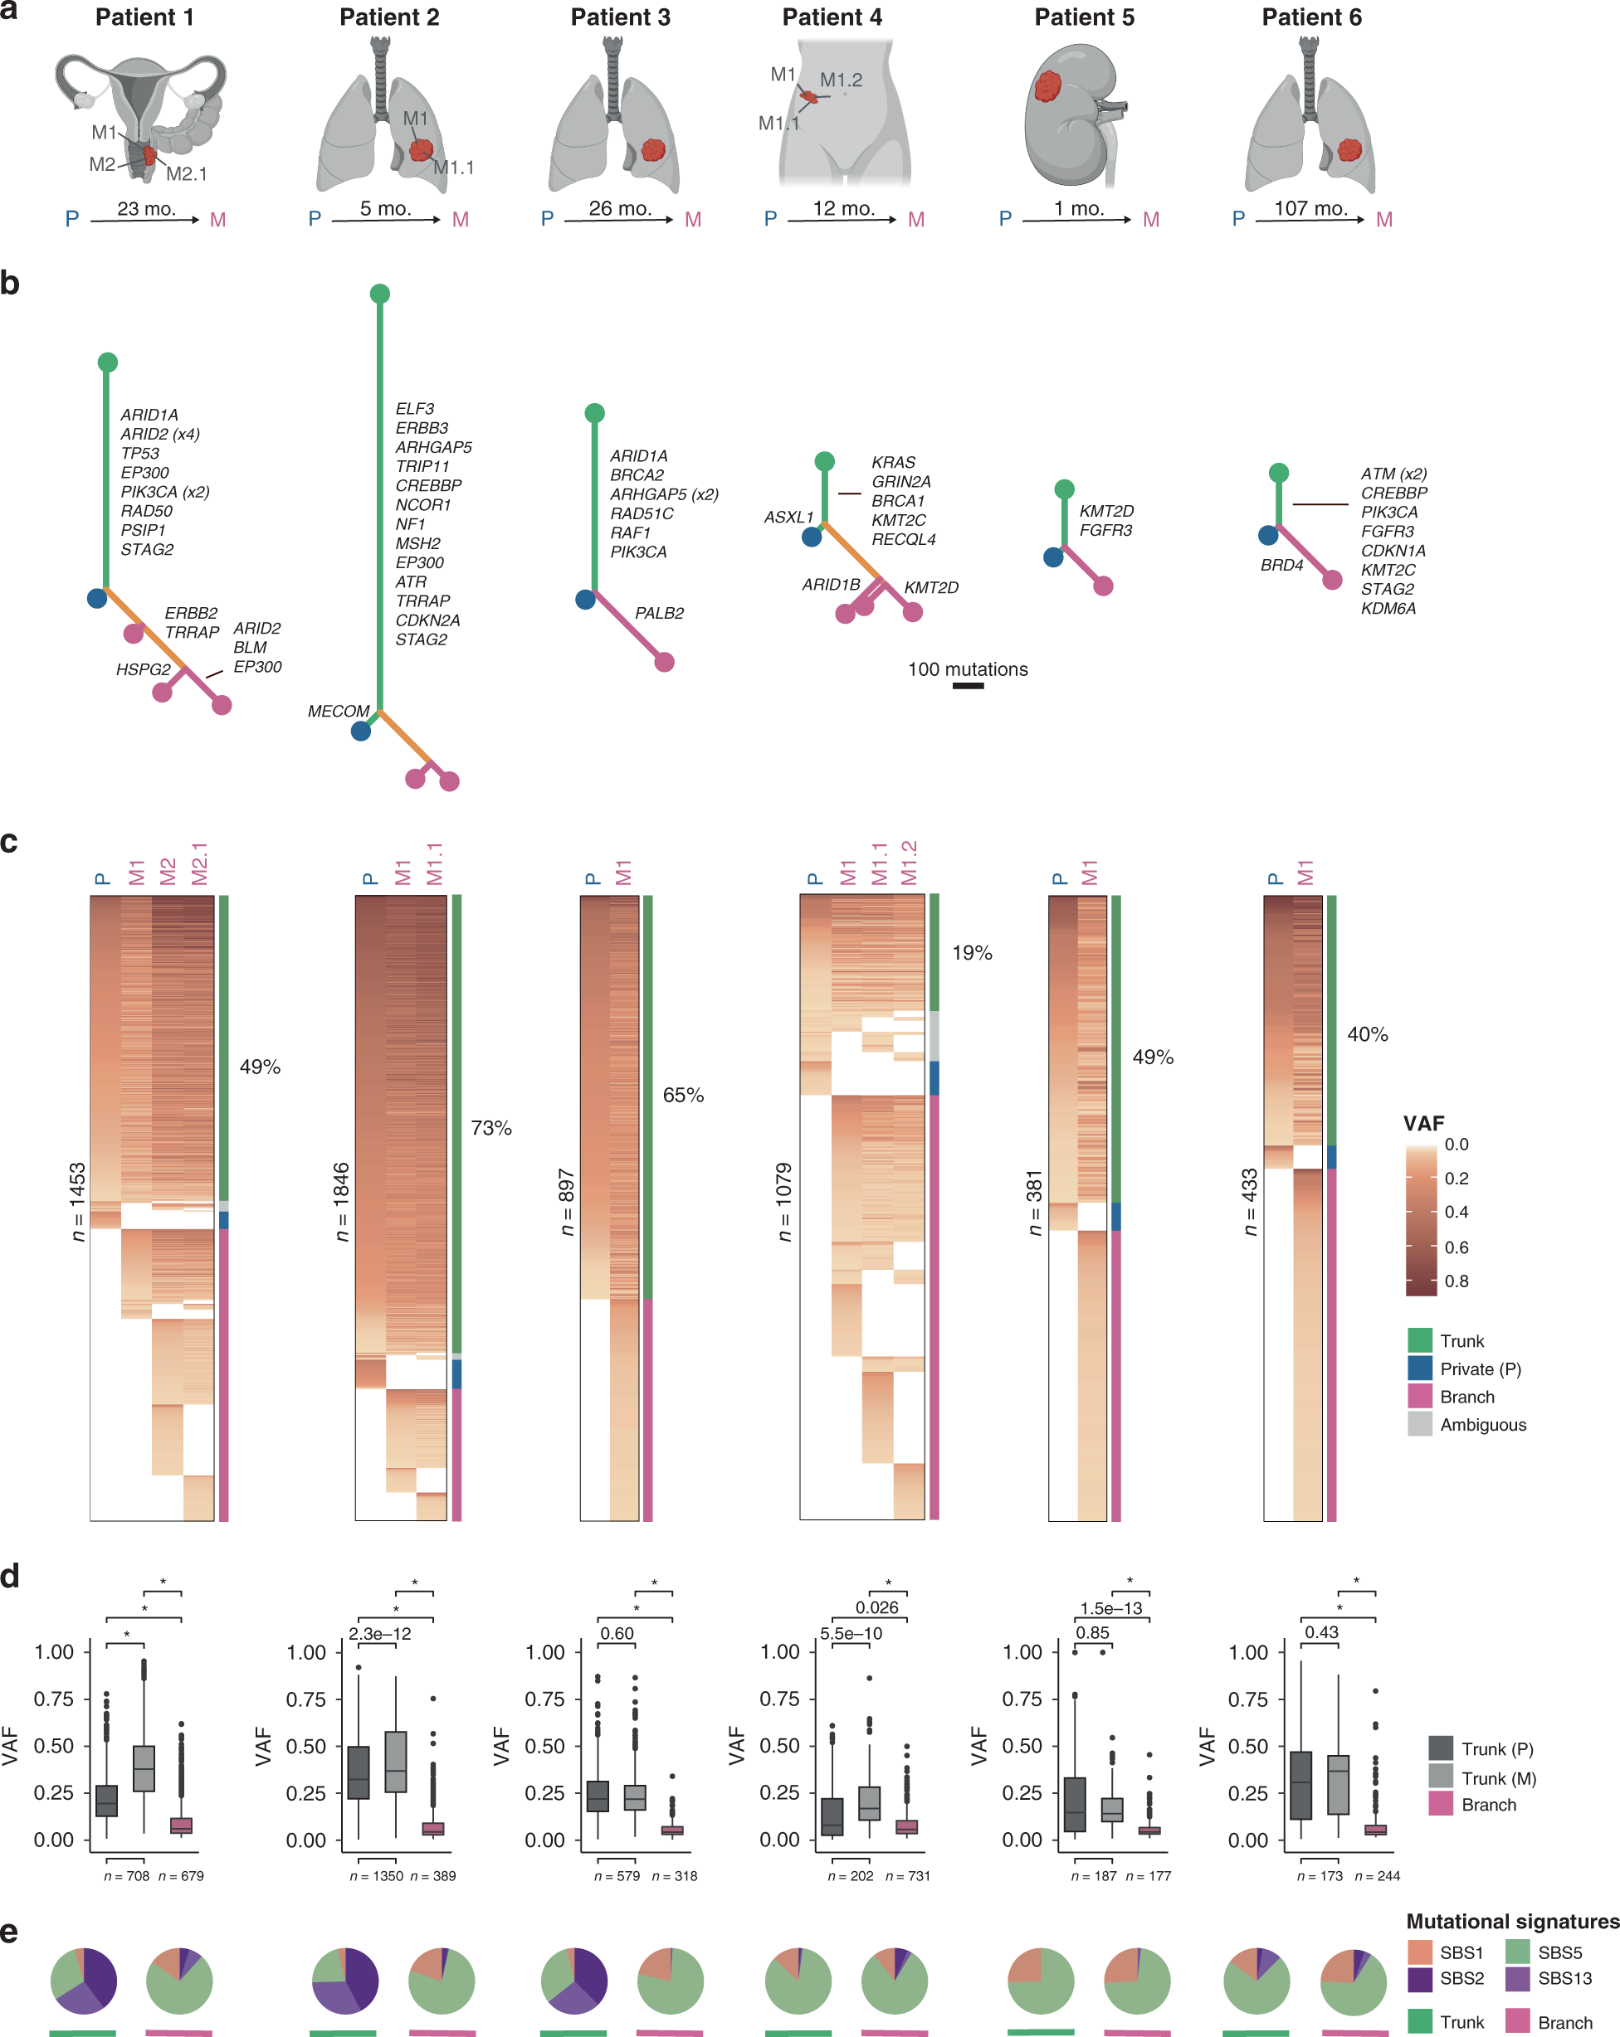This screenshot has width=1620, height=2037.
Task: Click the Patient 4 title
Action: click(x=832, y=18)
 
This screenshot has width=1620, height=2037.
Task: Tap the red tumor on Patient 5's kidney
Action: click(x=1047, y=87)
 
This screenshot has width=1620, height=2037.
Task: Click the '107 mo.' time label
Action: click(x=1310, y=209)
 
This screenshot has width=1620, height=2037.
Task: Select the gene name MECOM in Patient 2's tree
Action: click(x=339, y=712)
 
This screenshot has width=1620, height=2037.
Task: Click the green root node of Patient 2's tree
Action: click(x=380, y=294)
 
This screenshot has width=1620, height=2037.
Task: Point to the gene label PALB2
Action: click(x=659, y=613)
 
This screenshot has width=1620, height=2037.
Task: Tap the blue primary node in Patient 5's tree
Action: click(x=1053, y=557)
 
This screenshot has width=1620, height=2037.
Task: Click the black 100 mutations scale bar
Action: click(x=968, y=686)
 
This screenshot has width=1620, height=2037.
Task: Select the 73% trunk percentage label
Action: click(x=491, y=1128)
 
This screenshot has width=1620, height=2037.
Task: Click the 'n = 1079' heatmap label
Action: click(x=784, y=1202)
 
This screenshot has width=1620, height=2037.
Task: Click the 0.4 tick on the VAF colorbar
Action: click(x=1457, y=1213)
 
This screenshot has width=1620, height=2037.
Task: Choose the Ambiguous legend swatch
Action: click(x=1420, y=1424)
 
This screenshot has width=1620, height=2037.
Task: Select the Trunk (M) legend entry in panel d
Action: click(x=1498, y=1778)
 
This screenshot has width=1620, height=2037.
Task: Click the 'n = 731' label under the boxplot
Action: click(x=907, y=1875)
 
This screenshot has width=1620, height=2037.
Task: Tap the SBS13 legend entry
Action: click(x=1564, y=1977)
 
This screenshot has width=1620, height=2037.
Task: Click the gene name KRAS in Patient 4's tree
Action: click(x=893, y=462)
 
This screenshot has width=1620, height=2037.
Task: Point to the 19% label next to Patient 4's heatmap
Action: click(x=972, y=953)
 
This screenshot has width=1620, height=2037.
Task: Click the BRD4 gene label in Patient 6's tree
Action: click(x=1281, y=565)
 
